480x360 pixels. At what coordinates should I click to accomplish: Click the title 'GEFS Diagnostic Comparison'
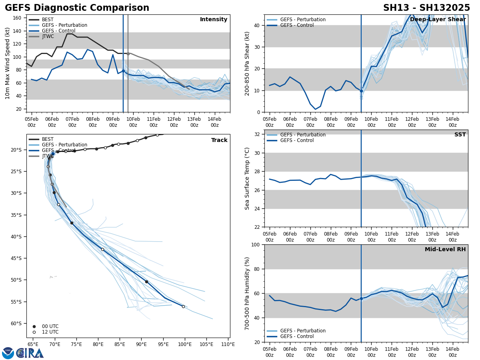pos(77,8)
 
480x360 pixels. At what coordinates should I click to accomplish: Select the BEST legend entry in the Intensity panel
pos(47,20)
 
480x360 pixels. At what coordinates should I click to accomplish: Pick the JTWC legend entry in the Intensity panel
pos(48,36)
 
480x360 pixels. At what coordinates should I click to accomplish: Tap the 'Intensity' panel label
pos(213,20)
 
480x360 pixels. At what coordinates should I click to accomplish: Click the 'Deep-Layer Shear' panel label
pos(438,20)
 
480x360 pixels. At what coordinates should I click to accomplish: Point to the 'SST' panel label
pos(460,135)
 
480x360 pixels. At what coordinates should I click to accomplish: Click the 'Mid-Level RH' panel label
pos(445,250)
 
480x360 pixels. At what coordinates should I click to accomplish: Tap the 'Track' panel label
pos(219,140)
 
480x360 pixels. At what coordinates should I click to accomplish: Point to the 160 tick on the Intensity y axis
pos(17,18)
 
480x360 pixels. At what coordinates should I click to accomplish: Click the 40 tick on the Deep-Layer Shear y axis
pos(256,25)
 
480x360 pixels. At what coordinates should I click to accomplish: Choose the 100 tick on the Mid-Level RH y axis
pos(255,244)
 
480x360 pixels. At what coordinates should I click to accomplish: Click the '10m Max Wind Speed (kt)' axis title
pos(8,63)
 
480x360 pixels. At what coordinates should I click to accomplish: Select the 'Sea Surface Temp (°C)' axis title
pos(247,178)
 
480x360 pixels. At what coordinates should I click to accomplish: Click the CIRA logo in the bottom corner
pos(23,353)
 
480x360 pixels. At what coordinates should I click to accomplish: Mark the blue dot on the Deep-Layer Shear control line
pos(361,91)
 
